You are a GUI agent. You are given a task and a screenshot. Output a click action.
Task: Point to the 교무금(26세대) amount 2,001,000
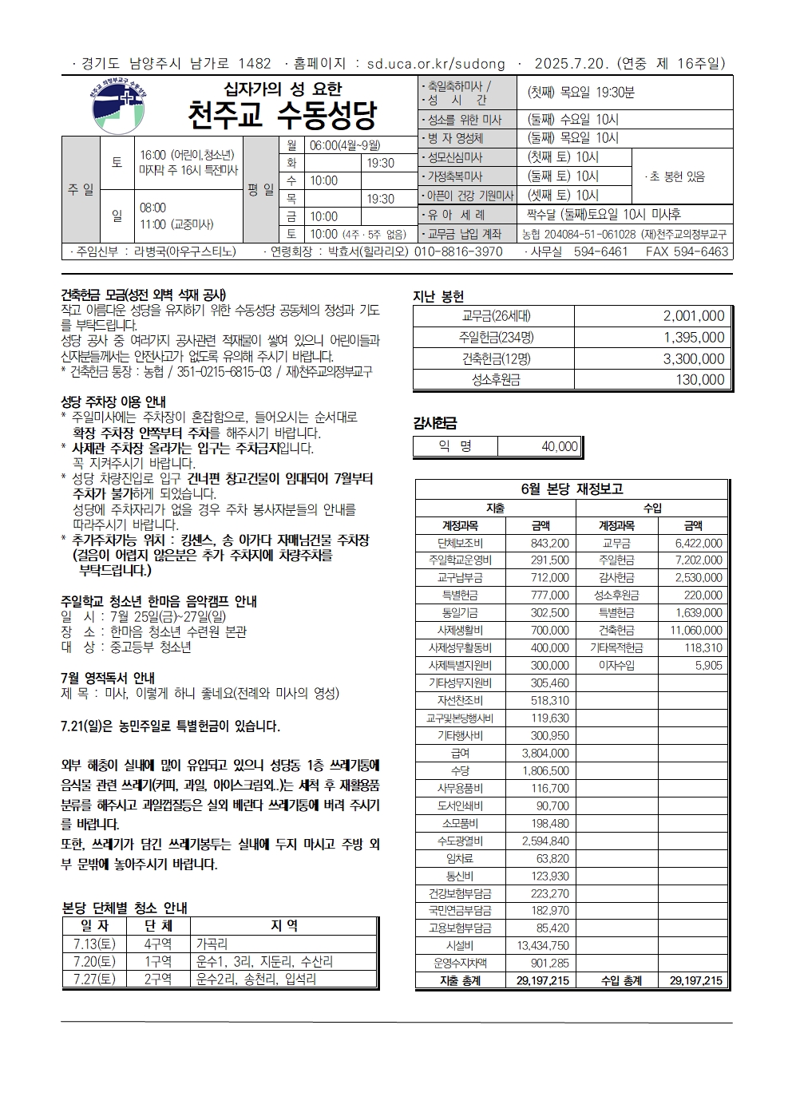693,316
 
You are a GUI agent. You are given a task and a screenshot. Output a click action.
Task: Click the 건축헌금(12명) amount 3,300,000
693,359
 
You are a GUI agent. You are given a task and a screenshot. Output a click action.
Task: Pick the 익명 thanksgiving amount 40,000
559,447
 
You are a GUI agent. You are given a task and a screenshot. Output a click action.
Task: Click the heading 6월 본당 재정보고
571,489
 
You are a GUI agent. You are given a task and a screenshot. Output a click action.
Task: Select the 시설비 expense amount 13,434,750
543,946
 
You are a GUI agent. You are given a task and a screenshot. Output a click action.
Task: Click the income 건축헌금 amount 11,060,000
695,631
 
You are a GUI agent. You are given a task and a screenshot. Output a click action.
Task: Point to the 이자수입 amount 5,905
708,665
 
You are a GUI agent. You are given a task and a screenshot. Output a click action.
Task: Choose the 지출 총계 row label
460,980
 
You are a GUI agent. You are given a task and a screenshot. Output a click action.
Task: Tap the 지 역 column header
283,926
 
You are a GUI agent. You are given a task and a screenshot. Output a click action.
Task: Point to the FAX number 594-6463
698,251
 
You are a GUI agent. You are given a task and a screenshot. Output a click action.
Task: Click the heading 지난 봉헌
438,295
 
